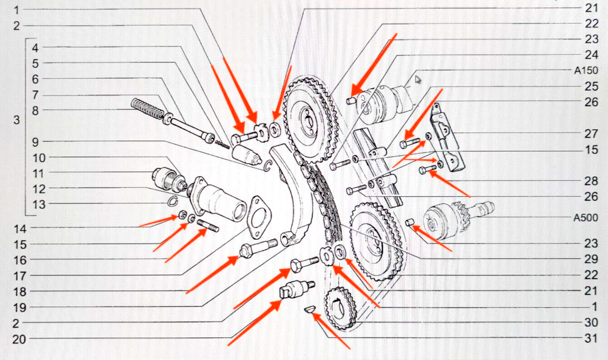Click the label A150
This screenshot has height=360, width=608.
point(586,70)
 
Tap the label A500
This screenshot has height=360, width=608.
point(586,218)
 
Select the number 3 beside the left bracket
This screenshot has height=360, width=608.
point(17,120)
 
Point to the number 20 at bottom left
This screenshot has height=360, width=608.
point(19,339)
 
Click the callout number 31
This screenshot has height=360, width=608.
point(591,339)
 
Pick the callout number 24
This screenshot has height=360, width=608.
point(591,55)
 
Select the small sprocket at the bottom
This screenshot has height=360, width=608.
point(340,308)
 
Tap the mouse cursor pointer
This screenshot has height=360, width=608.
point(418,79)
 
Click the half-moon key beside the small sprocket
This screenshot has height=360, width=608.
point(310,309)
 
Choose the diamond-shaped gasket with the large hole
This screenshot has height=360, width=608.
point(258,218)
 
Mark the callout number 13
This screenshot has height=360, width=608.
point(39,204)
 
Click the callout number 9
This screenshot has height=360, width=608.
point(35,142)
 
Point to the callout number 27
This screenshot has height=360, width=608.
point(591,134)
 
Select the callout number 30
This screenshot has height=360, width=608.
point(591,322)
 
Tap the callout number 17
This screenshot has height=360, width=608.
point(20,276)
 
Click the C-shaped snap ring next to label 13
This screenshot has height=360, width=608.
point(172,201)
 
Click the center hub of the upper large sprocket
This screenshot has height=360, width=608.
point(308,121)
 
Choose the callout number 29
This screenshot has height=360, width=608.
point(591,259)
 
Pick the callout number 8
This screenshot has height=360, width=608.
point(35,111)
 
